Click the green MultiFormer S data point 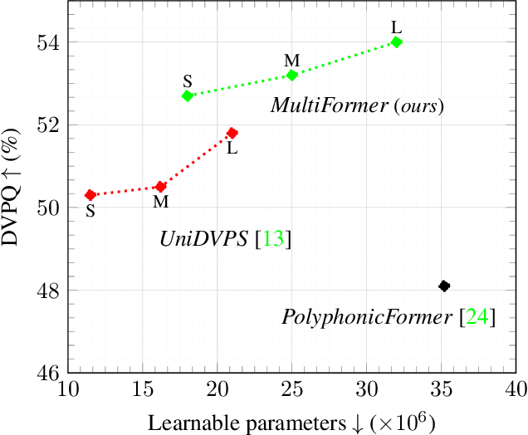188,95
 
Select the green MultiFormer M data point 292,75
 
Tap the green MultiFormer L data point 397,42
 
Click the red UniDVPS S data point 90,194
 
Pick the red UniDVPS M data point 161,187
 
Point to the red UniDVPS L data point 232,133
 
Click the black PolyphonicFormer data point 444,286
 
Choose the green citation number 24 477,317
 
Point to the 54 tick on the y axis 46,42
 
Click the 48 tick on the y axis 46,291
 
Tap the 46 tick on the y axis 46,373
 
